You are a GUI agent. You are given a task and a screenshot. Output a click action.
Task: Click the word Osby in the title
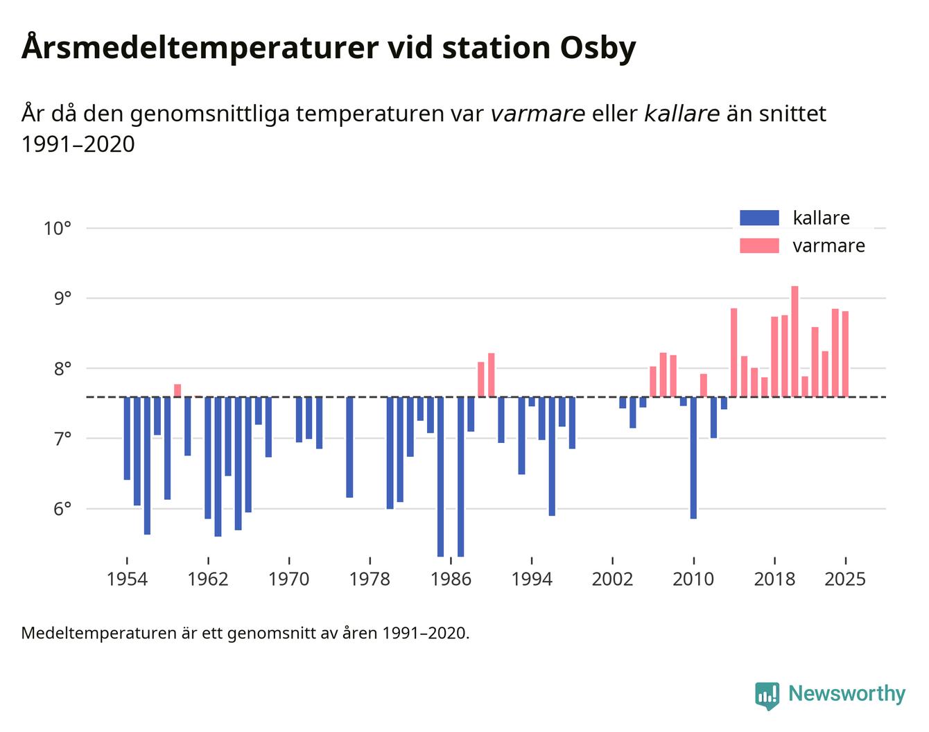pyautogui.click(x=596, y=49)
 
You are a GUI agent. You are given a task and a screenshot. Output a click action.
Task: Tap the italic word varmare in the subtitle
pyautogui.click(x=537, y=114)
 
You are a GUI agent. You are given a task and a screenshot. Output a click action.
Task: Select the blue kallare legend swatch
pyautogui.click(x=759, y=218)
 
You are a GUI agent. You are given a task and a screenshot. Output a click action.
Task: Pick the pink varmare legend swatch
pyautogui.click(x=759, y=246)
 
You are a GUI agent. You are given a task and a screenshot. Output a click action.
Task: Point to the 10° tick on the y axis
pyautogui.click(x=58, y=228)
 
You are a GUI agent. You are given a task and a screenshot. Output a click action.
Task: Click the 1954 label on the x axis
pyautogui.click(x=127, y=579)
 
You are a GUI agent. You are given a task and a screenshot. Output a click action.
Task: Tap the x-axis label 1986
pyautogui.click(x=451, y=579)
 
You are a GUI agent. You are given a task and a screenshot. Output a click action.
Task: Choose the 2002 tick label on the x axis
pyautogui.click(x=612, y=579)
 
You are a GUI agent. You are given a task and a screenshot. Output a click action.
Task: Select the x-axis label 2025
pyautogui.click(x=845, y=579)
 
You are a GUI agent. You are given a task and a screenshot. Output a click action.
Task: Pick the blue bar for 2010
pyautogui.click(x=693, y=458)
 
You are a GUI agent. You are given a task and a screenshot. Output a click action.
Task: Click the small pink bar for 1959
pyautogui.click(x=177, y=390)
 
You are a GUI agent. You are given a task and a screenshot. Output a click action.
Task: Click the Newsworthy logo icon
pyautogui.click(x=767, y=695)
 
